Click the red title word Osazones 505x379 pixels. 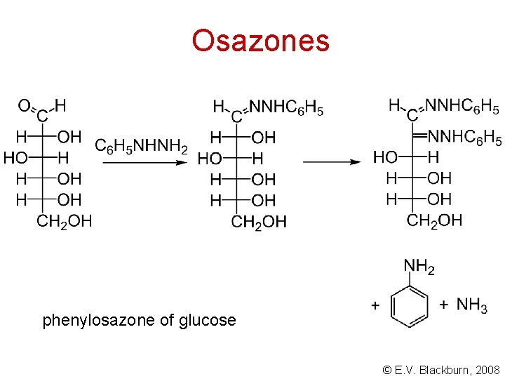260,41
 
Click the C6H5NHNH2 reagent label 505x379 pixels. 141,146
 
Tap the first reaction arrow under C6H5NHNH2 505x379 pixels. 144,162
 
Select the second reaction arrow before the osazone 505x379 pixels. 332,161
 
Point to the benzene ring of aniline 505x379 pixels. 409,305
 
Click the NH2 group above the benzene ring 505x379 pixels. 419,267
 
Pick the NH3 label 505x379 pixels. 472,305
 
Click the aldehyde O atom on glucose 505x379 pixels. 24,106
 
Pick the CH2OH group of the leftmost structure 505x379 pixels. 64,222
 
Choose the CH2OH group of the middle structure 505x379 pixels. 259,222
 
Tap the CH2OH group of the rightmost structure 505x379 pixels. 434,220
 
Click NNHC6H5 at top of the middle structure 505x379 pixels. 286,108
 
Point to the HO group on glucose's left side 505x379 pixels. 15,157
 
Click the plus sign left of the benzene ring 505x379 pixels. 375,305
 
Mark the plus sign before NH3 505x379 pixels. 443,305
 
